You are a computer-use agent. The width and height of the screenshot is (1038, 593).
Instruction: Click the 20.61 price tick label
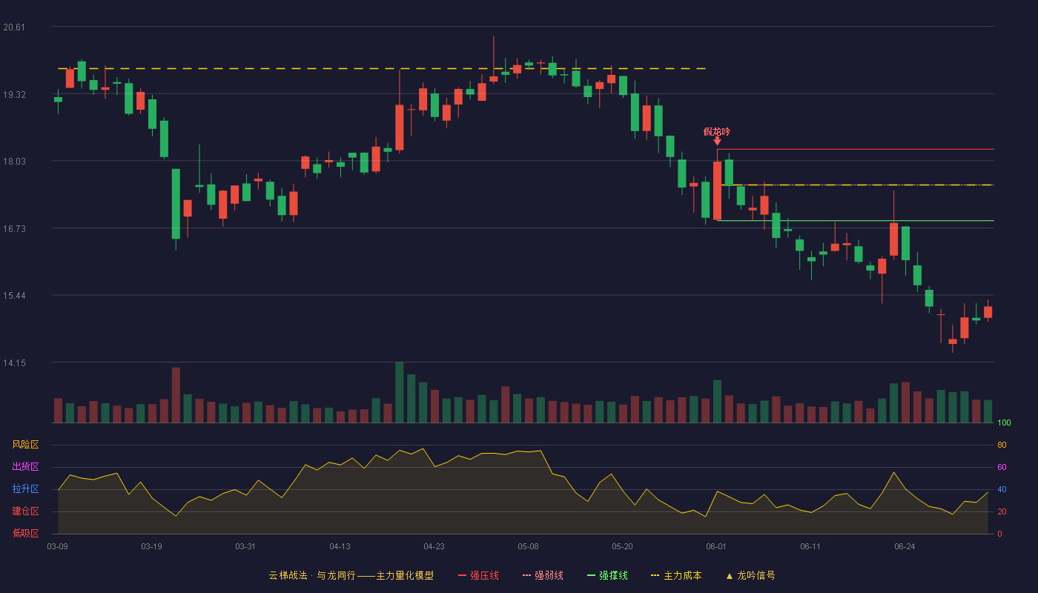pos(14,27)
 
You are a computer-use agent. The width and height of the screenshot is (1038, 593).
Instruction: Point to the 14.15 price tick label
pos(14,362)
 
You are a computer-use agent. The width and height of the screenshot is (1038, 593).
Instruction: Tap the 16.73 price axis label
pos(14,229)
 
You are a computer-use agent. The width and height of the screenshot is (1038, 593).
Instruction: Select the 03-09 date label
pos(58,547)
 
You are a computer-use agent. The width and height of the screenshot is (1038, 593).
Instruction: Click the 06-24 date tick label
pos(905,547)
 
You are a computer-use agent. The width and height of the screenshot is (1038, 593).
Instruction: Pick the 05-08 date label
pos(528,547)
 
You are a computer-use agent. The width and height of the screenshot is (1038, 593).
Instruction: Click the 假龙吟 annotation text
pos(716,132)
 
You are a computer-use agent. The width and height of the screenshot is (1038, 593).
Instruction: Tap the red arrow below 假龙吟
pos(718,142)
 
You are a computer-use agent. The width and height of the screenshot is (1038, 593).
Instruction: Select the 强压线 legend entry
pos(479,575)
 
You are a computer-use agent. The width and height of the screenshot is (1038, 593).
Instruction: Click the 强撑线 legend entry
pos(607,575)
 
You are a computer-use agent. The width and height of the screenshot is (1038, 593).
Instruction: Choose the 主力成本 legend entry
pos(676,575)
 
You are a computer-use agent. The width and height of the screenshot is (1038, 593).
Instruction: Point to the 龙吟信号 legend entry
pos(750,575)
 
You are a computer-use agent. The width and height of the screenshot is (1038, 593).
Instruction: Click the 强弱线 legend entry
pos(543,575)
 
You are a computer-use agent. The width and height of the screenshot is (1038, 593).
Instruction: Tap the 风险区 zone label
pos(25,445)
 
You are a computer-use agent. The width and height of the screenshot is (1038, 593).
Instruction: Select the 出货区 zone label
pos(25,466)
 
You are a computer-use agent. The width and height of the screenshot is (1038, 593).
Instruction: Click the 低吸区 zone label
pos(25,533)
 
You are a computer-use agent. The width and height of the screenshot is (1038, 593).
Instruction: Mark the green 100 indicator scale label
pos(1004,423)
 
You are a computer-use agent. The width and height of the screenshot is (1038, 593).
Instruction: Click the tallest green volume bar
pos(400,392)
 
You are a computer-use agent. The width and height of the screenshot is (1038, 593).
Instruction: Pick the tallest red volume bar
pos(176,394)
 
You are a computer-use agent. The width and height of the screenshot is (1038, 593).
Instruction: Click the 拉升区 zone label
pos(25,488)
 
